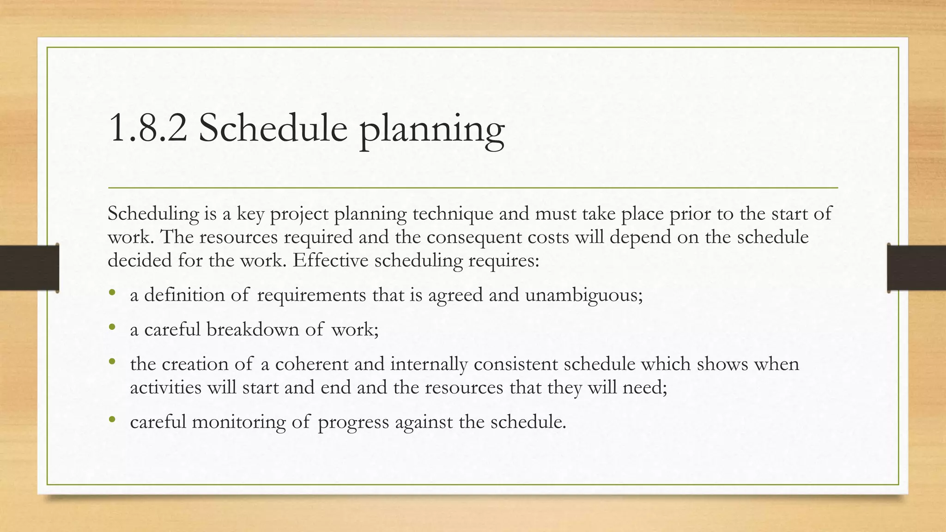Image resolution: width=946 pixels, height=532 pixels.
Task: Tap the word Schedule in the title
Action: pyautogui.click(x=273, y=129)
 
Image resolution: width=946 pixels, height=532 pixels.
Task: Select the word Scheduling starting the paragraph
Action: pyautogui.click(x=153, y=214)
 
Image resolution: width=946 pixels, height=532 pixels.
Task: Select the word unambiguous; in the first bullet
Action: pyautogui.click(x=584, y=295)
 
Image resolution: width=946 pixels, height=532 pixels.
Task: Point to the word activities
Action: pyautogui.click(x=165, y=387)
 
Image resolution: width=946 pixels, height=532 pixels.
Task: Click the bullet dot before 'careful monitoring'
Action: pyautogui.click(x=112, y=419)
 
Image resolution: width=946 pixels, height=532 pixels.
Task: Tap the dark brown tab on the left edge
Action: pyautogui.click(x=30, y=268)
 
